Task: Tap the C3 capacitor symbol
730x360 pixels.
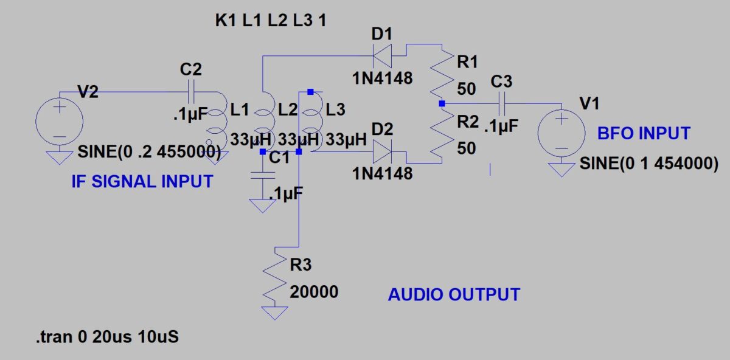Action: (x=503, y=104)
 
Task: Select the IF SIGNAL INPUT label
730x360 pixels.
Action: (x=142, y=181)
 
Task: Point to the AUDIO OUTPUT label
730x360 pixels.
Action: (x=454, y=295)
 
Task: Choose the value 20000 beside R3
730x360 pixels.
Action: (x=314, y=292)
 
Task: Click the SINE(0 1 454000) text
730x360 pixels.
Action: (x=648, y=164)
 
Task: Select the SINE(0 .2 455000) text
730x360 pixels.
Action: (x=149, y=152)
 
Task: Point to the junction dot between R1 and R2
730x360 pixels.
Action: (x=442, y=104)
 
